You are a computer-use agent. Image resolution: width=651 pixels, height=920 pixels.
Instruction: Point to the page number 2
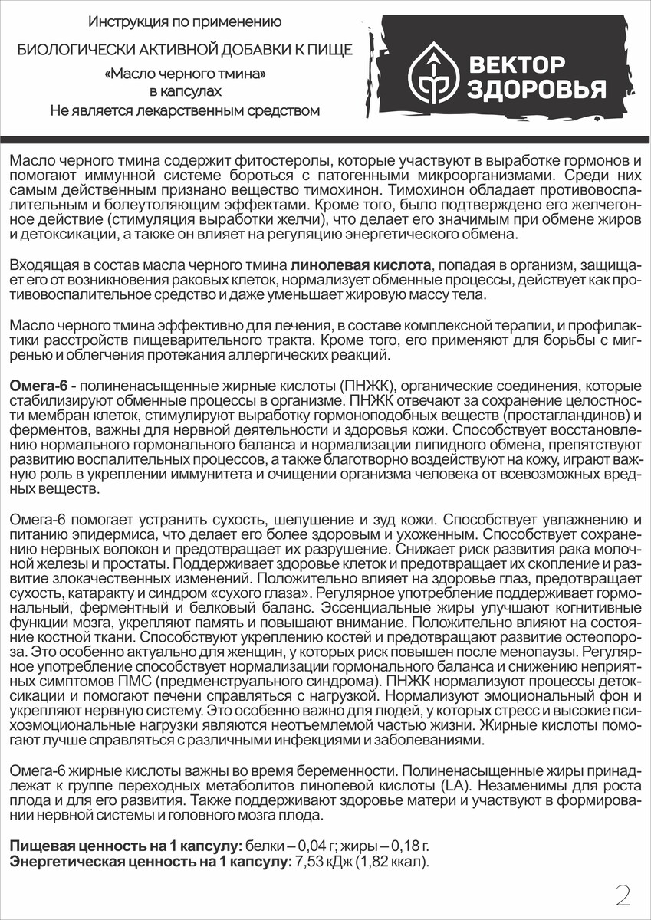coord(623,894)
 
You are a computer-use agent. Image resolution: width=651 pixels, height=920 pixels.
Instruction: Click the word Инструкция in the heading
coord(120,21)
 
